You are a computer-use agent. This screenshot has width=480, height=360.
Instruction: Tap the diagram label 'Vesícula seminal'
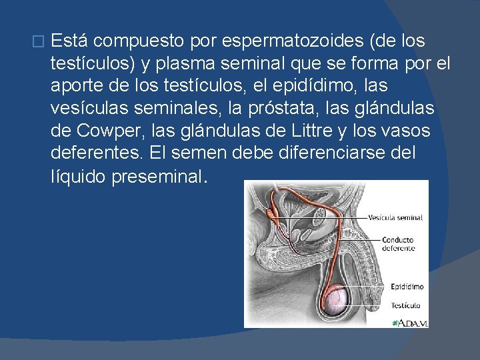pos(395,217)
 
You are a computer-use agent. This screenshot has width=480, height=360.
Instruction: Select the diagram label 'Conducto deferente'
pos(398,244)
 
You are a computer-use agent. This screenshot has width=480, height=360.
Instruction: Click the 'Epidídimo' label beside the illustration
pos(407,287)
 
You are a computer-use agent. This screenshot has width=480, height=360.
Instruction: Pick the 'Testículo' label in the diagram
pos(405,305)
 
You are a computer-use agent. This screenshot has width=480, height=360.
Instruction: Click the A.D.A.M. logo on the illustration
pos(411,323)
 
